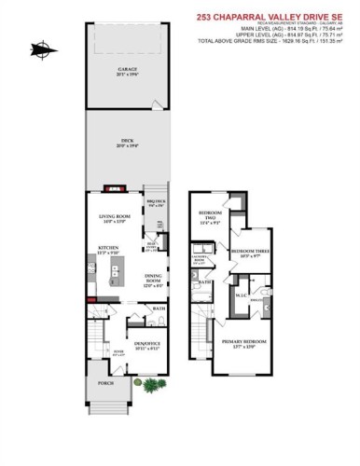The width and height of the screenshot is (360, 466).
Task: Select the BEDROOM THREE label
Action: [x=249, y=253]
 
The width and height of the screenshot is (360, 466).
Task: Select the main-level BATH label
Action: [x=159, y=308]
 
